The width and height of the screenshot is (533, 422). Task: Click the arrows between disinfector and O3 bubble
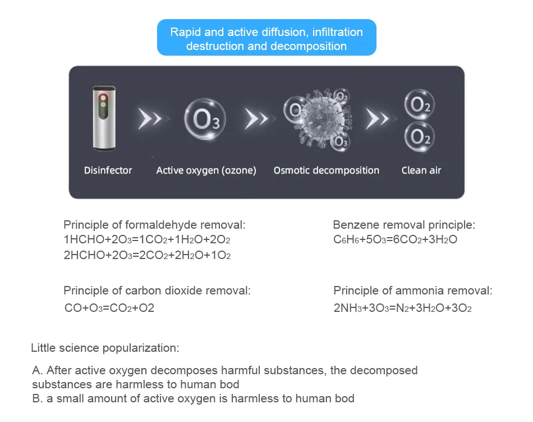point(150,119)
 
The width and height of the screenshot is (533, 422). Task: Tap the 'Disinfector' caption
point(108,170)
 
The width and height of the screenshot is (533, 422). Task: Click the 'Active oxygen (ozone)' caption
point(206,170)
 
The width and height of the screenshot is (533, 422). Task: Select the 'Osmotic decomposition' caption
point(326,170)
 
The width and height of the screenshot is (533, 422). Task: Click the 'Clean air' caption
point(421,170)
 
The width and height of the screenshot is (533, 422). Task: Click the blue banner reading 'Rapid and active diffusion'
point(266,39)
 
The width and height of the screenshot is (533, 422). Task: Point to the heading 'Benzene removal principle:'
point(404,225)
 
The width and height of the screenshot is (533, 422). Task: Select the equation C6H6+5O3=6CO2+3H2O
point(395,240)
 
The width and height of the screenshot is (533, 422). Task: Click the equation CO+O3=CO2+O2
point(109,308)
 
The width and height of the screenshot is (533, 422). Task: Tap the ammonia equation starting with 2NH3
point(402,308)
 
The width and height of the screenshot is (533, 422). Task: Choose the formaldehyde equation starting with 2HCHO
point(147,255)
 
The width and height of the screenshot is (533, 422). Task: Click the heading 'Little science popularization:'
point(105,348)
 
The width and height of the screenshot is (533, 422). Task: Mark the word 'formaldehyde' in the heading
point(162,225)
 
